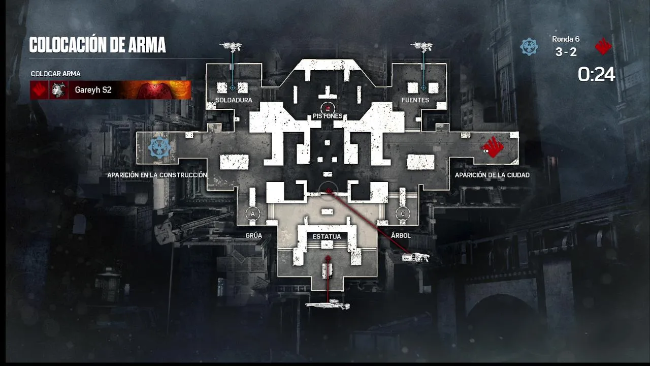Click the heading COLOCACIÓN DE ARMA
coord(97,45)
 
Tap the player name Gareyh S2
coord(93,90)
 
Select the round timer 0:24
coord(596,75)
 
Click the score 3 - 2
coord(566,52)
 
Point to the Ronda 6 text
coord(566,39)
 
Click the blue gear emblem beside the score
coord(529,47)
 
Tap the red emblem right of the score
coord(603,47)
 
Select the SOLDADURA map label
coord(234,100)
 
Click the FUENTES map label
coord(415,100)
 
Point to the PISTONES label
coord(328,116)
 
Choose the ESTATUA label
coord(327,236)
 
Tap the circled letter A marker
coord(253,214)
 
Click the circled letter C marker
coord(403,214)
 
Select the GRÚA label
coord(253,235)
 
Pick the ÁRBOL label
coord(401,235)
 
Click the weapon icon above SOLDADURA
coord(231,47)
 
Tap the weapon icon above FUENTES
coord(421,47)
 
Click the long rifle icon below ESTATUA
coord(328,305)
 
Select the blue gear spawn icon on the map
coord(159,148)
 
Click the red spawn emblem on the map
coord(493,147)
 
